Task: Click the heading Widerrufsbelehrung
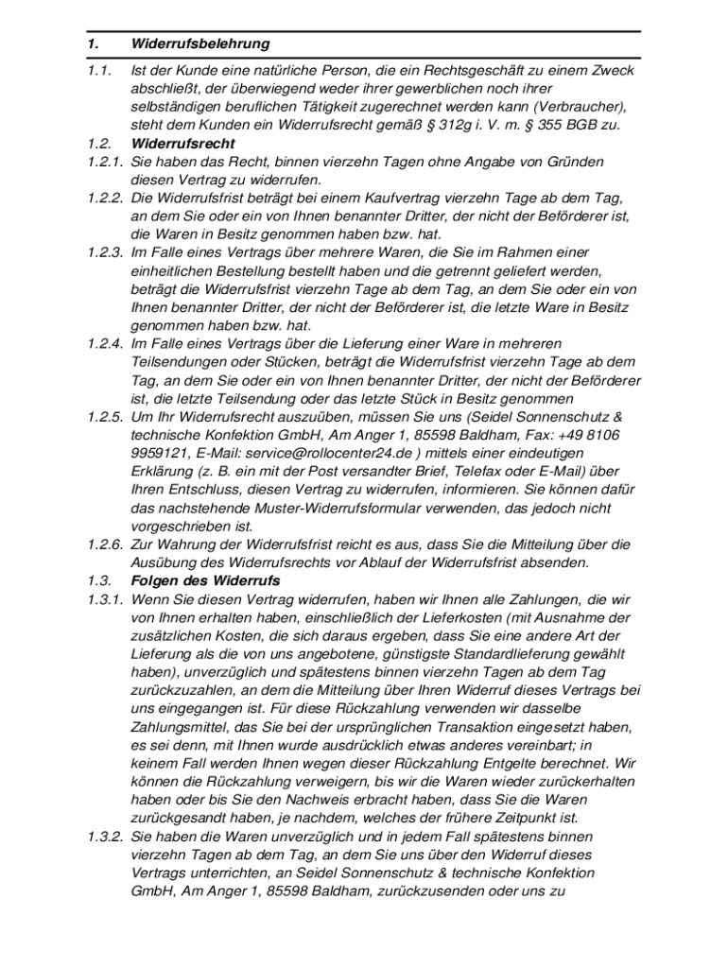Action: click(201, 43)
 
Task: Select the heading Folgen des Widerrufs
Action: click(206, 580)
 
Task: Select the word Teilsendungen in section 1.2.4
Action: click(180, 362)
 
